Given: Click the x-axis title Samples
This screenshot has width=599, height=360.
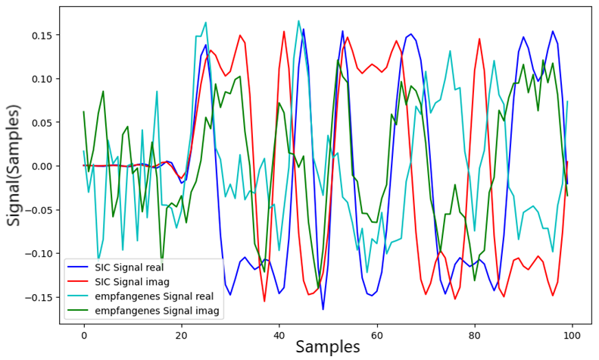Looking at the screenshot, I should coord(327,347).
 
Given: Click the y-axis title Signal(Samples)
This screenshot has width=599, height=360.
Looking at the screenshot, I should coord(14,167).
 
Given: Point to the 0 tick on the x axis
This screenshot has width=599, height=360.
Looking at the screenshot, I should coord(84,334).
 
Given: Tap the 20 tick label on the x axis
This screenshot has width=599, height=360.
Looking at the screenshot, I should coord(182,334).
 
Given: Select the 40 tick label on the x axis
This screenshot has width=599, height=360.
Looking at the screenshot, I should coord(279,334).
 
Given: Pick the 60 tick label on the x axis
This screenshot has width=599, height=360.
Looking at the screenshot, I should coord(377,334).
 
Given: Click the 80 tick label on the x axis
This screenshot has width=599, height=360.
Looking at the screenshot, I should coord(475,334).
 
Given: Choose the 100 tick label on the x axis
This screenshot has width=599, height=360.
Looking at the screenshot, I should coord(572,334).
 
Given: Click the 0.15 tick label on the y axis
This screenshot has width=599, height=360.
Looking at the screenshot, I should coord(42,35).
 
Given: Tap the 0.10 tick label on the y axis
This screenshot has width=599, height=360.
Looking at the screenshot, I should coord(42,79).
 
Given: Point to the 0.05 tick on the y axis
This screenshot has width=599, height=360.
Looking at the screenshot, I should coord(42,122).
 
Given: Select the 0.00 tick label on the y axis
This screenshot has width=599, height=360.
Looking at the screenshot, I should coord(42,166).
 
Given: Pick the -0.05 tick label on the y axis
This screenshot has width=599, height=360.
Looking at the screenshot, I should coord(40,209).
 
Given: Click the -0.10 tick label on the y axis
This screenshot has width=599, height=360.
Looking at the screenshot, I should coord(40,253).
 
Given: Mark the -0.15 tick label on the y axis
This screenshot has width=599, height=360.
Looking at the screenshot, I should coord(40,296).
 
